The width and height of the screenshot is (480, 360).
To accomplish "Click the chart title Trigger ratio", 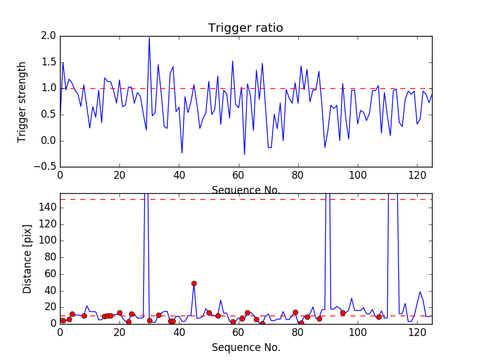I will [x=245, y=28].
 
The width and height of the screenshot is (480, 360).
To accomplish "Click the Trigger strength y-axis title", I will [x=23, y=102].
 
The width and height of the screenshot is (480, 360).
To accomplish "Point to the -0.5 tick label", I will [x=46, y=167].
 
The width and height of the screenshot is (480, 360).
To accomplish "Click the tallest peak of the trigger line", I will [x=149, y=38].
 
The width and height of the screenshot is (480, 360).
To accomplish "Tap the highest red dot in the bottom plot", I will [x=194, y=283].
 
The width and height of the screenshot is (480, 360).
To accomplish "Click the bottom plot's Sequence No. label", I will [x=246, y=347].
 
